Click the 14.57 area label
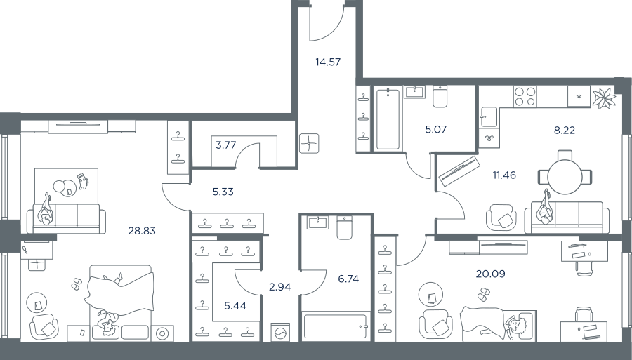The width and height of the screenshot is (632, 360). point(328,62)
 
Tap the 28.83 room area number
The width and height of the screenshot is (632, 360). point(142,231)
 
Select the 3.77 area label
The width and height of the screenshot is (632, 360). point(225,145)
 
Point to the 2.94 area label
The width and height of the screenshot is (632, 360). point(279,287)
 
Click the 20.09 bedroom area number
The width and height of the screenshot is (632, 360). point(491,274)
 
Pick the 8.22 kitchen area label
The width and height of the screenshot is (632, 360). point(565,130)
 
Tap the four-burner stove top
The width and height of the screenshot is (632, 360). point(525,97)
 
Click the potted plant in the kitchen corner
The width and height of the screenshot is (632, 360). point(604,98)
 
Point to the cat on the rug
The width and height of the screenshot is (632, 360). point(82,181)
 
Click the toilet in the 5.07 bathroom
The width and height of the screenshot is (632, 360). point(440,97)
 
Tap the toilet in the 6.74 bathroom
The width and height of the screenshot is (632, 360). point(344,228)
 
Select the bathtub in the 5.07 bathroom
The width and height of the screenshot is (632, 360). point(388,119)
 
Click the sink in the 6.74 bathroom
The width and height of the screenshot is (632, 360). point(317,222)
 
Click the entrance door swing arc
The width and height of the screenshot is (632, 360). point(331,32)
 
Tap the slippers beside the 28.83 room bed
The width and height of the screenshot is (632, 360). point(77,284)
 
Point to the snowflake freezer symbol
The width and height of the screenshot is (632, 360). point(579,97)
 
